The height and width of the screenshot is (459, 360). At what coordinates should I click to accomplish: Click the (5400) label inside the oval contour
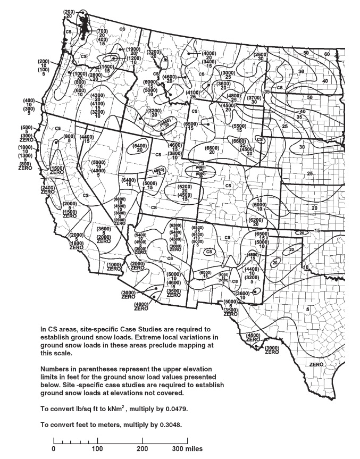(x=139, y=145)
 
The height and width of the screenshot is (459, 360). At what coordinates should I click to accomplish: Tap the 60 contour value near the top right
(x=326, y=54)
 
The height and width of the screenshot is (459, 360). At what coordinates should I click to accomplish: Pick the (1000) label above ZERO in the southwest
(x=114, y=264)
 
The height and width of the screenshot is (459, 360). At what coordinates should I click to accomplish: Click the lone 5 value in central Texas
(x=307, y=309)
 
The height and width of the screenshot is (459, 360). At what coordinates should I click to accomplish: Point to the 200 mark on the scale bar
(x=142, y=448)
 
